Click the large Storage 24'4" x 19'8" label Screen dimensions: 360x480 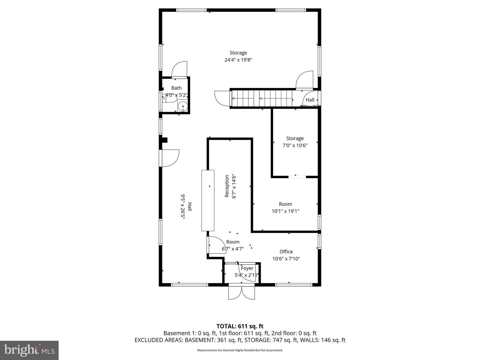(x=238, y=56)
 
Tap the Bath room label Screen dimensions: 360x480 (x=176, y=88)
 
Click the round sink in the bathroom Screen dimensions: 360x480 (x=182, y=107)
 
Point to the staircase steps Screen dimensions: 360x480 (x=261, y=98)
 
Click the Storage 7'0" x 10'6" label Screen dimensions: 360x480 (x=295, y=142)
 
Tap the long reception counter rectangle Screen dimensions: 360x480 (x=208, y=200)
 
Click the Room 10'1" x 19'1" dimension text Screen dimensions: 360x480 (x=285, y=211)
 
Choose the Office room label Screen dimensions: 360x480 (x=286, y=252)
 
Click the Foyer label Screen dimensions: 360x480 (x=247, y=268)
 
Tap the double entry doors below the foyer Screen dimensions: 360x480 (x=242, y=292)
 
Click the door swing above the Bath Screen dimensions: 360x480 (x=179, y=69)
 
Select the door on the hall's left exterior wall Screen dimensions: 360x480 (x=170, y=158)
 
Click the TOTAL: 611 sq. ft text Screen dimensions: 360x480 (x=240, y=326)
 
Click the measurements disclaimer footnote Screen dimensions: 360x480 (x=240, y=350)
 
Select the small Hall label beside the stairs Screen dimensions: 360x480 (x=310, y=100)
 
